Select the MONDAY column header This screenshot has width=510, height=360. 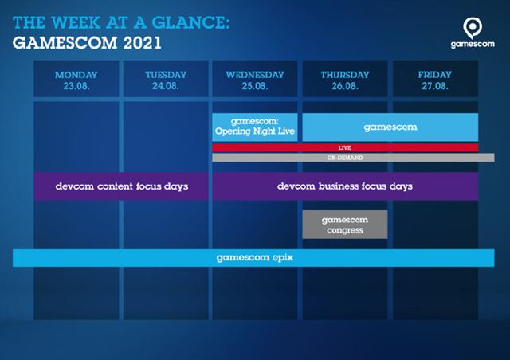[x=76, y=75]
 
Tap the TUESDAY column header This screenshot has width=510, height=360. [x=166, y=75]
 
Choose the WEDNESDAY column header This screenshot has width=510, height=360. [x=255, y=75]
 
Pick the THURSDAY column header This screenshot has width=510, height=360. [x=345, y=75]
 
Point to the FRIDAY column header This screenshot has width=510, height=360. [x=435, y=75]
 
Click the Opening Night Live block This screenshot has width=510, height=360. [x=255, y=127]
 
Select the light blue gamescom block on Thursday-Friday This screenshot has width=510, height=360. [x=390, y=127]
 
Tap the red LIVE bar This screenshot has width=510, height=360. [x=345, y=147]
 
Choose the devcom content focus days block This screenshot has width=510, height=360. [x=122, y=186]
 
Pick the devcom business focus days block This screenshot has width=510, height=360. [x=345, y=186]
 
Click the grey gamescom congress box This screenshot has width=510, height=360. [x=345, y=225]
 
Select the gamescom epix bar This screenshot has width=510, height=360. [x=255, y=258]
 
